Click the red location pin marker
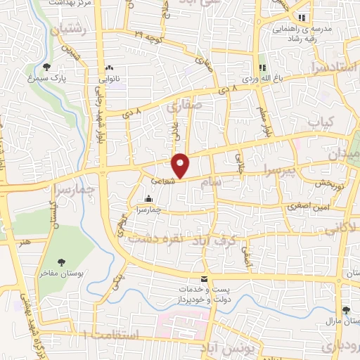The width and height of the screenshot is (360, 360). (181, 165)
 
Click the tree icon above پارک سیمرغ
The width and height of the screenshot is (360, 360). (47, 67)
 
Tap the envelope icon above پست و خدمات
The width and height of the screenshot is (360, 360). (204, 279)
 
